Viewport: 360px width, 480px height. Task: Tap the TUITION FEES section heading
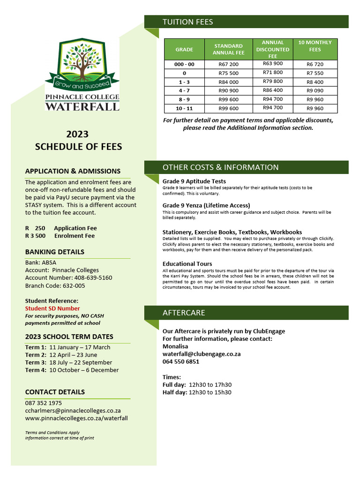[x=187, y=22]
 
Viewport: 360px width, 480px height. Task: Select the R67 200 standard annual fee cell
[x=228, y=64]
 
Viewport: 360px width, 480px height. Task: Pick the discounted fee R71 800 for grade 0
[x=273, y=73]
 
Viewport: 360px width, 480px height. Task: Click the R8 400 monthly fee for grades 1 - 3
[x=315, y=82]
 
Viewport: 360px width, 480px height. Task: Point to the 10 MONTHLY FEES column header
[x=315, y=46]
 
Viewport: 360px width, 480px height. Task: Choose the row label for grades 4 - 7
[x=184, y=90]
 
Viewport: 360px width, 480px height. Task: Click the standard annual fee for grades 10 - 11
[x=228, y=108]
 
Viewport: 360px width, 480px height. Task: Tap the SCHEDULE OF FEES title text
[x=78, y=147]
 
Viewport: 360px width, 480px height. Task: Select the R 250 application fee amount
[x=35, y=228]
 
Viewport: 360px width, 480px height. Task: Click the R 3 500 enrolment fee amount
[x=35, y=236]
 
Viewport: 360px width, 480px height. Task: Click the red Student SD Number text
[x=52, y=308]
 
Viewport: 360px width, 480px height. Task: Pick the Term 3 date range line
[x=68, y=362]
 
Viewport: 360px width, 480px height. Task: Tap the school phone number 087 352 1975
[x=44, y=403]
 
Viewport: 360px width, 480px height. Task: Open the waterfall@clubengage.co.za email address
[x=201, y=354]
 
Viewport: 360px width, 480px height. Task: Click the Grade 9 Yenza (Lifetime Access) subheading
[x=206, y=205]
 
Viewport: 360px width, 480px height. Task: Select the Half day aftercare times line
[x=196, y=392]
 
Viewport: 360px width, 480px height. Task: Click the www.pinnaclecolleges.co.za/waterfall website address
[x=76, y=418]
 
